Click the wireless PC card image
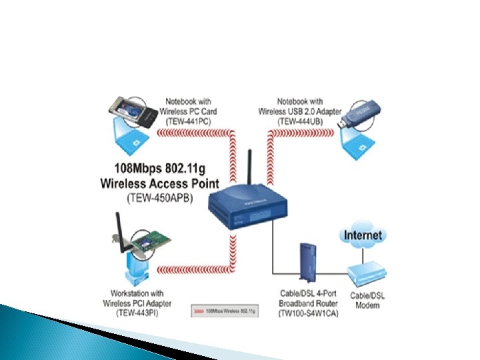[137, 110]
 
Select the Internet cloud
[363, 235]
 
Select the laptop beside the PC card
[130, 137]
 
